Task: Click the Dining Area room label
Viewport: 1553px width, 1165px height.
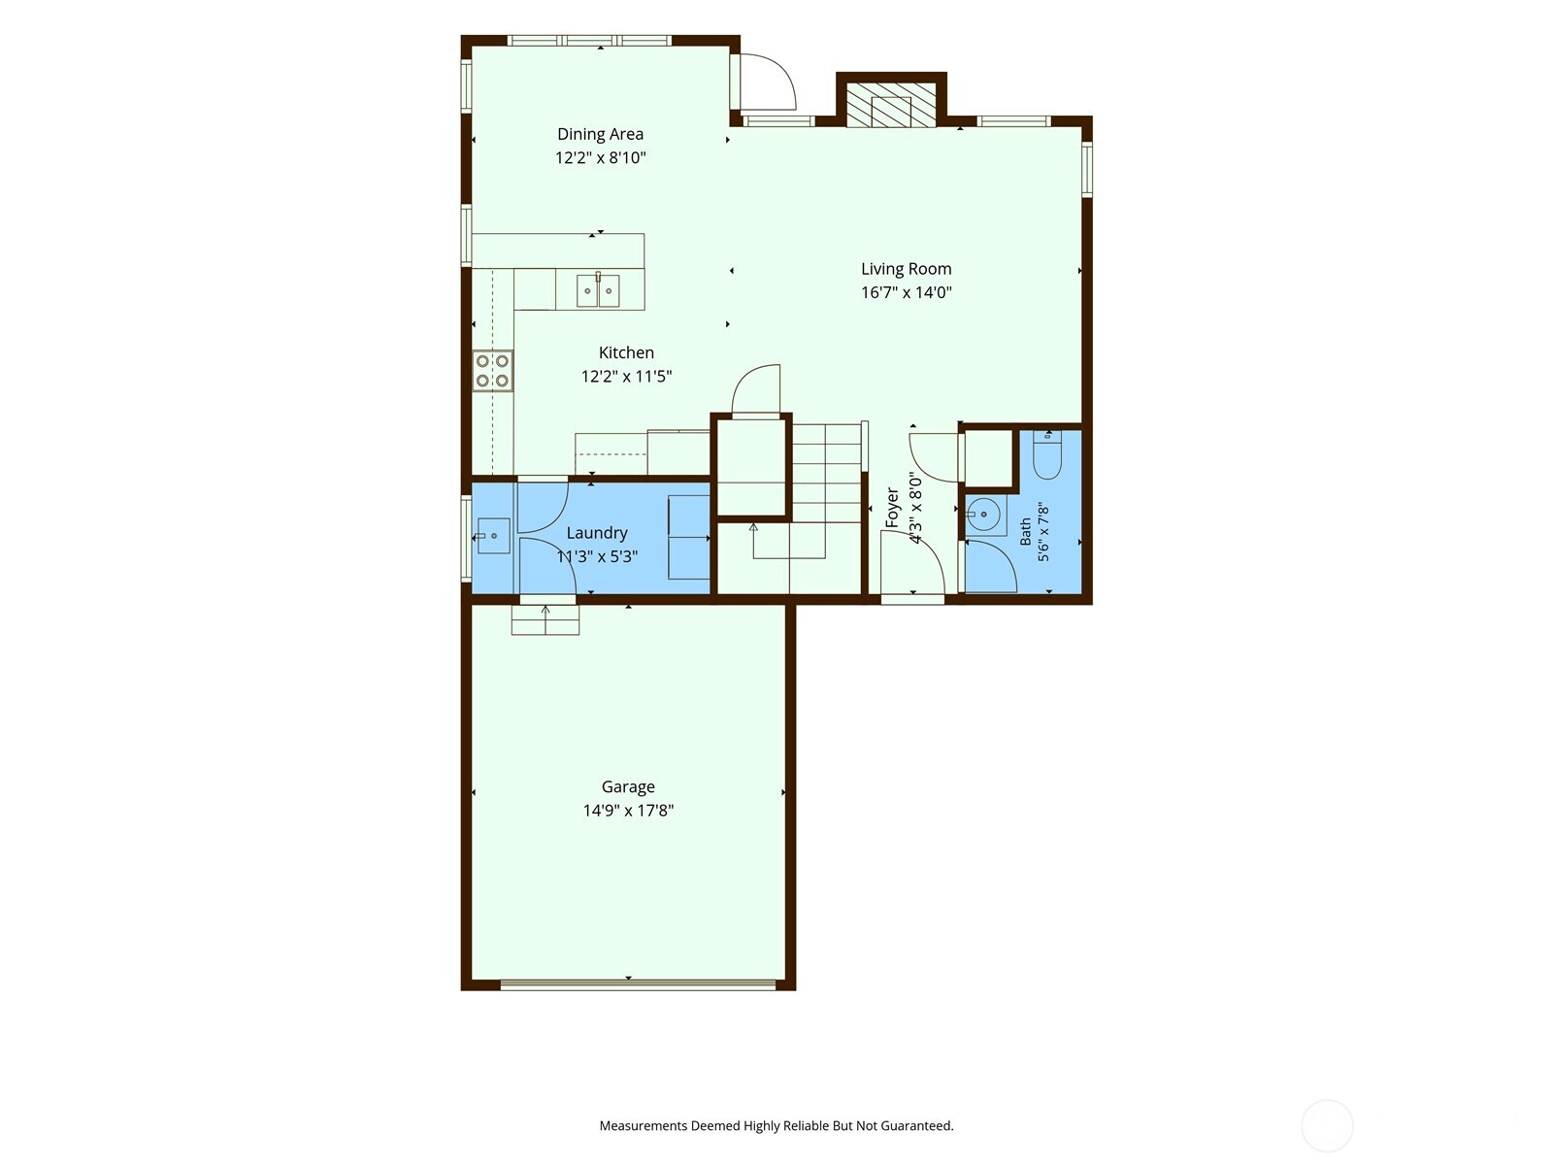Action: point(600,134)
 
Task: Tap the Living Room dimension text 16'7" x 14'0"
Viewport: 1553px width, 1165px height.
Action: point(906,292)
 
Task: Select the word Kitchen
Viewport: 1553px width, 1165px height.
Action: point(626,352)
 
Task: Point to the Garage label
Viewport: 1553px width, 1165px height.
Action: point(628,787)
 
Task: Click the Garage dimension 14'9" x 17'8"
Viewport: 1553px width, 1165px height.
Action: point(628,811)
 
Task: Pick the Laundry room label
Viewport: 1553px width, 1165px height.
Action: point(596,533)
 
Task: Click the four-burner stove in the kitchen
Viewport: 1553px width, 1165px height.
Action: point(492,371)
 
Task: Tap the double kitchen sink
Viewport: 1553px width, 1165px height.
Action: point(598,290)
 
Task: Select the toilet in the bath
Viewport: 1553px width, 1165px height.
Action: point(1047,455)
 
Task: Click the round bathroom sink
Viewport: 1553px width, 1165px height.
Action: point(983,515)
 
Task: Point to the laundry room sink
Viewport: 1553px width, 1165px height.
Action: point(492,536)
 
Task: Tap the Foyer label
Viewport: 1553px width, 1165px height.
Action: point(892,507)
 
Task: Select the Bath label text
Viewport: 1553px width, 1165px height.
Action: point(1025,532)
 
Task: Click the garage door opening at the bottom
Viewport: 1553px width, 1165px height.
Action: point(638,982)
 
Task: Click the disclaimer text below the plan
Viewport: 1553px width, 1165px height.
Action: point(776,1125)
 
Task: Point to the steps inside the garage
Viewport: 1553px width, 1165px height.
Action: point(545,620)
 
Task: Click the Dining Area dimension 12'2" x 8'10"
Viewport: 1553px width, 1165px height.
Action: point(600,157)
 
